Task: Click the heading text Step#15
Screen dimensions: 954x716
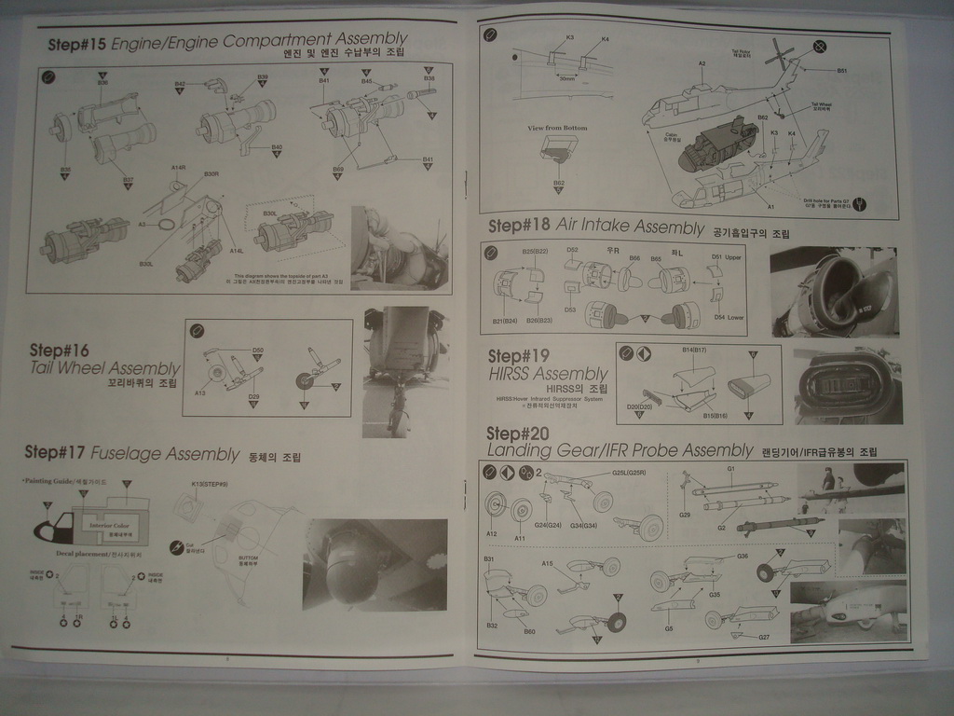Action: pyautogui.click(x=77, y=44)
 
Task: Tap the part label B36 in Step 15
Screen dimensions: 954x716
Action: pyautogui.click(x=102, y=83)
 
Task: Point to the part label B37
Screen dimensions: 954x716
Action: pyautogui.click(x=128, y=180)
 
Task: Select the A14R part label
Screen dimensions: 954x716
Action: pyautogui.click(x=180, y=168)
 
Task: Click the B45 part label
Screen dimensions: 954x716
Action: pyautogui.click(x=366, y=82)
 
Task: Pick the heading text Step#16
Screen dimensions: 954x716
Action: pyautogui.click(x=59, y=351)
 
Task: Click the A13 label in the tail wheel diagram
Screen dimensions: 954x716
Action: pyautogui.click(x=199, y=393)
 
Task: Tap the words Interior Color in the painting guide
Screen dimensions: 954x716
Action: pyautogui.click(x=107, y=525)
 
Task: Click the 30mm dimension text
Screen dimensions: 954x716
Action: pyautogui.click(x=566, y=79)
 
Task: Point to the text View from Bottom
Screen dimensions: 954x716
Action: pyautogui.click(x=557, y=128)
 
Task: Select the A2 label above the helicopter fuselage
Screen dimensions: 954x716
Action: pyautogui.click(x=702, y=63)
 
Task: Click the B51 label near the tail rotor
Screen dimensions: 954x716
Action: pyautogui.click(x=841, y=70)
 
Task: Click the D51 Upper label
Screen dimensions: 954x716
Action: pyautogui.click(x=726, y=256)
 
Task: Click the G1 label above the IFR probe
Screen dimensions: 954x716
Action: pyautogui.click(x=730, y=469)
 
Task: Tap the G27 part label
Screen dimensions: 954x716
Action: pyautogui.click(x=763, y=637)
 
